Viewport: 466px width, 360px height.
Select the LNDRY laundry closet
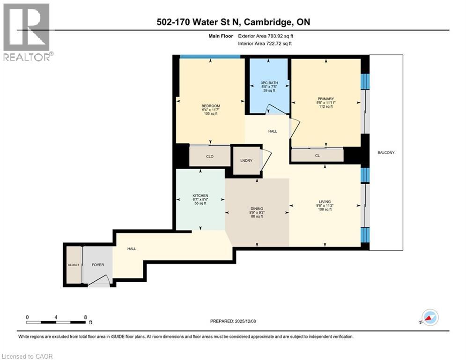click(x=246, y=161)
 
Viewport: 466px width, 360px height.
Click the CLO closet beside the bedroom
click(x=210, y=157)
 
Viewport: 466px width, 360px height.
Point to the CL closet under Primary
click(x=317, y=156)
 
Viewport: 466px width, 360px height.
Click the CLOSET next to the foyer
click(x=73, y=265)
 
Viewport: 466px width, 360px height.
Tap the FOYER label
click(x=97, y=265)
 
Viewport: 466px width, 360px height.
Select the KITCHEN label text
click(x=200, y=195)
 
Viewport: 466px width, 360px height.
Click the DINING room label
click(x=257, y=209)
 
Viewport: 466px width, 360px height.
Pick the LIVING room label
click(x=325, y=202)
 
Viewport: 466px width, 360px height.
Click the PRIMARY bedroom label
click(x=325, y=99)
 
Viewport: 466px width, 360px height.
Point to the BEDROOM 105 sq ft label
click(x=210, y=110)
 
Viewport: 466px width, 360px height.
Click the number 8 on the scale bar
click(x=85, y=317)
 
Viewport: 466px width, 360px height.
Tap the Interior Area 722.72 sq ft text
click(x=265, y=44)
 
